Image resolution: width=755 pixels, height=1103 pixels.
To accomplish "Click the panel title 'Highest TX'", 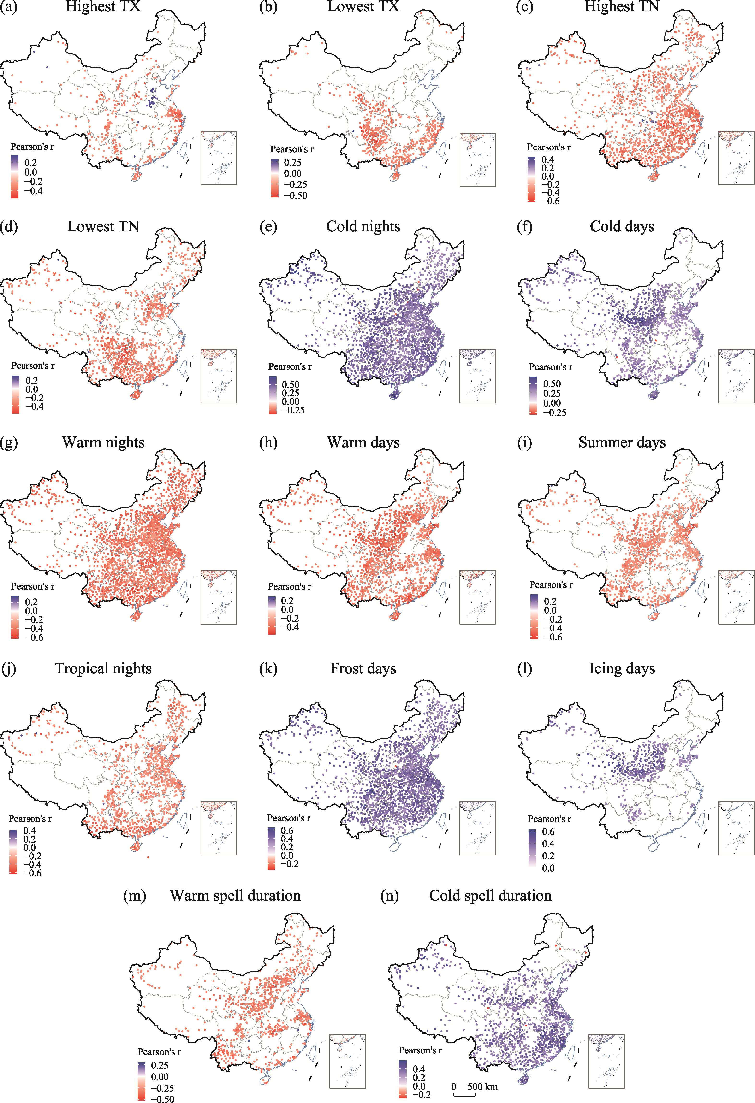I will tap(103, 7).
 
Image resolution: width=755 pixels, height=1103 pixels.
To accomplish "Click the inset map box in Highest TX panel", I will tap(218, 158).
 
